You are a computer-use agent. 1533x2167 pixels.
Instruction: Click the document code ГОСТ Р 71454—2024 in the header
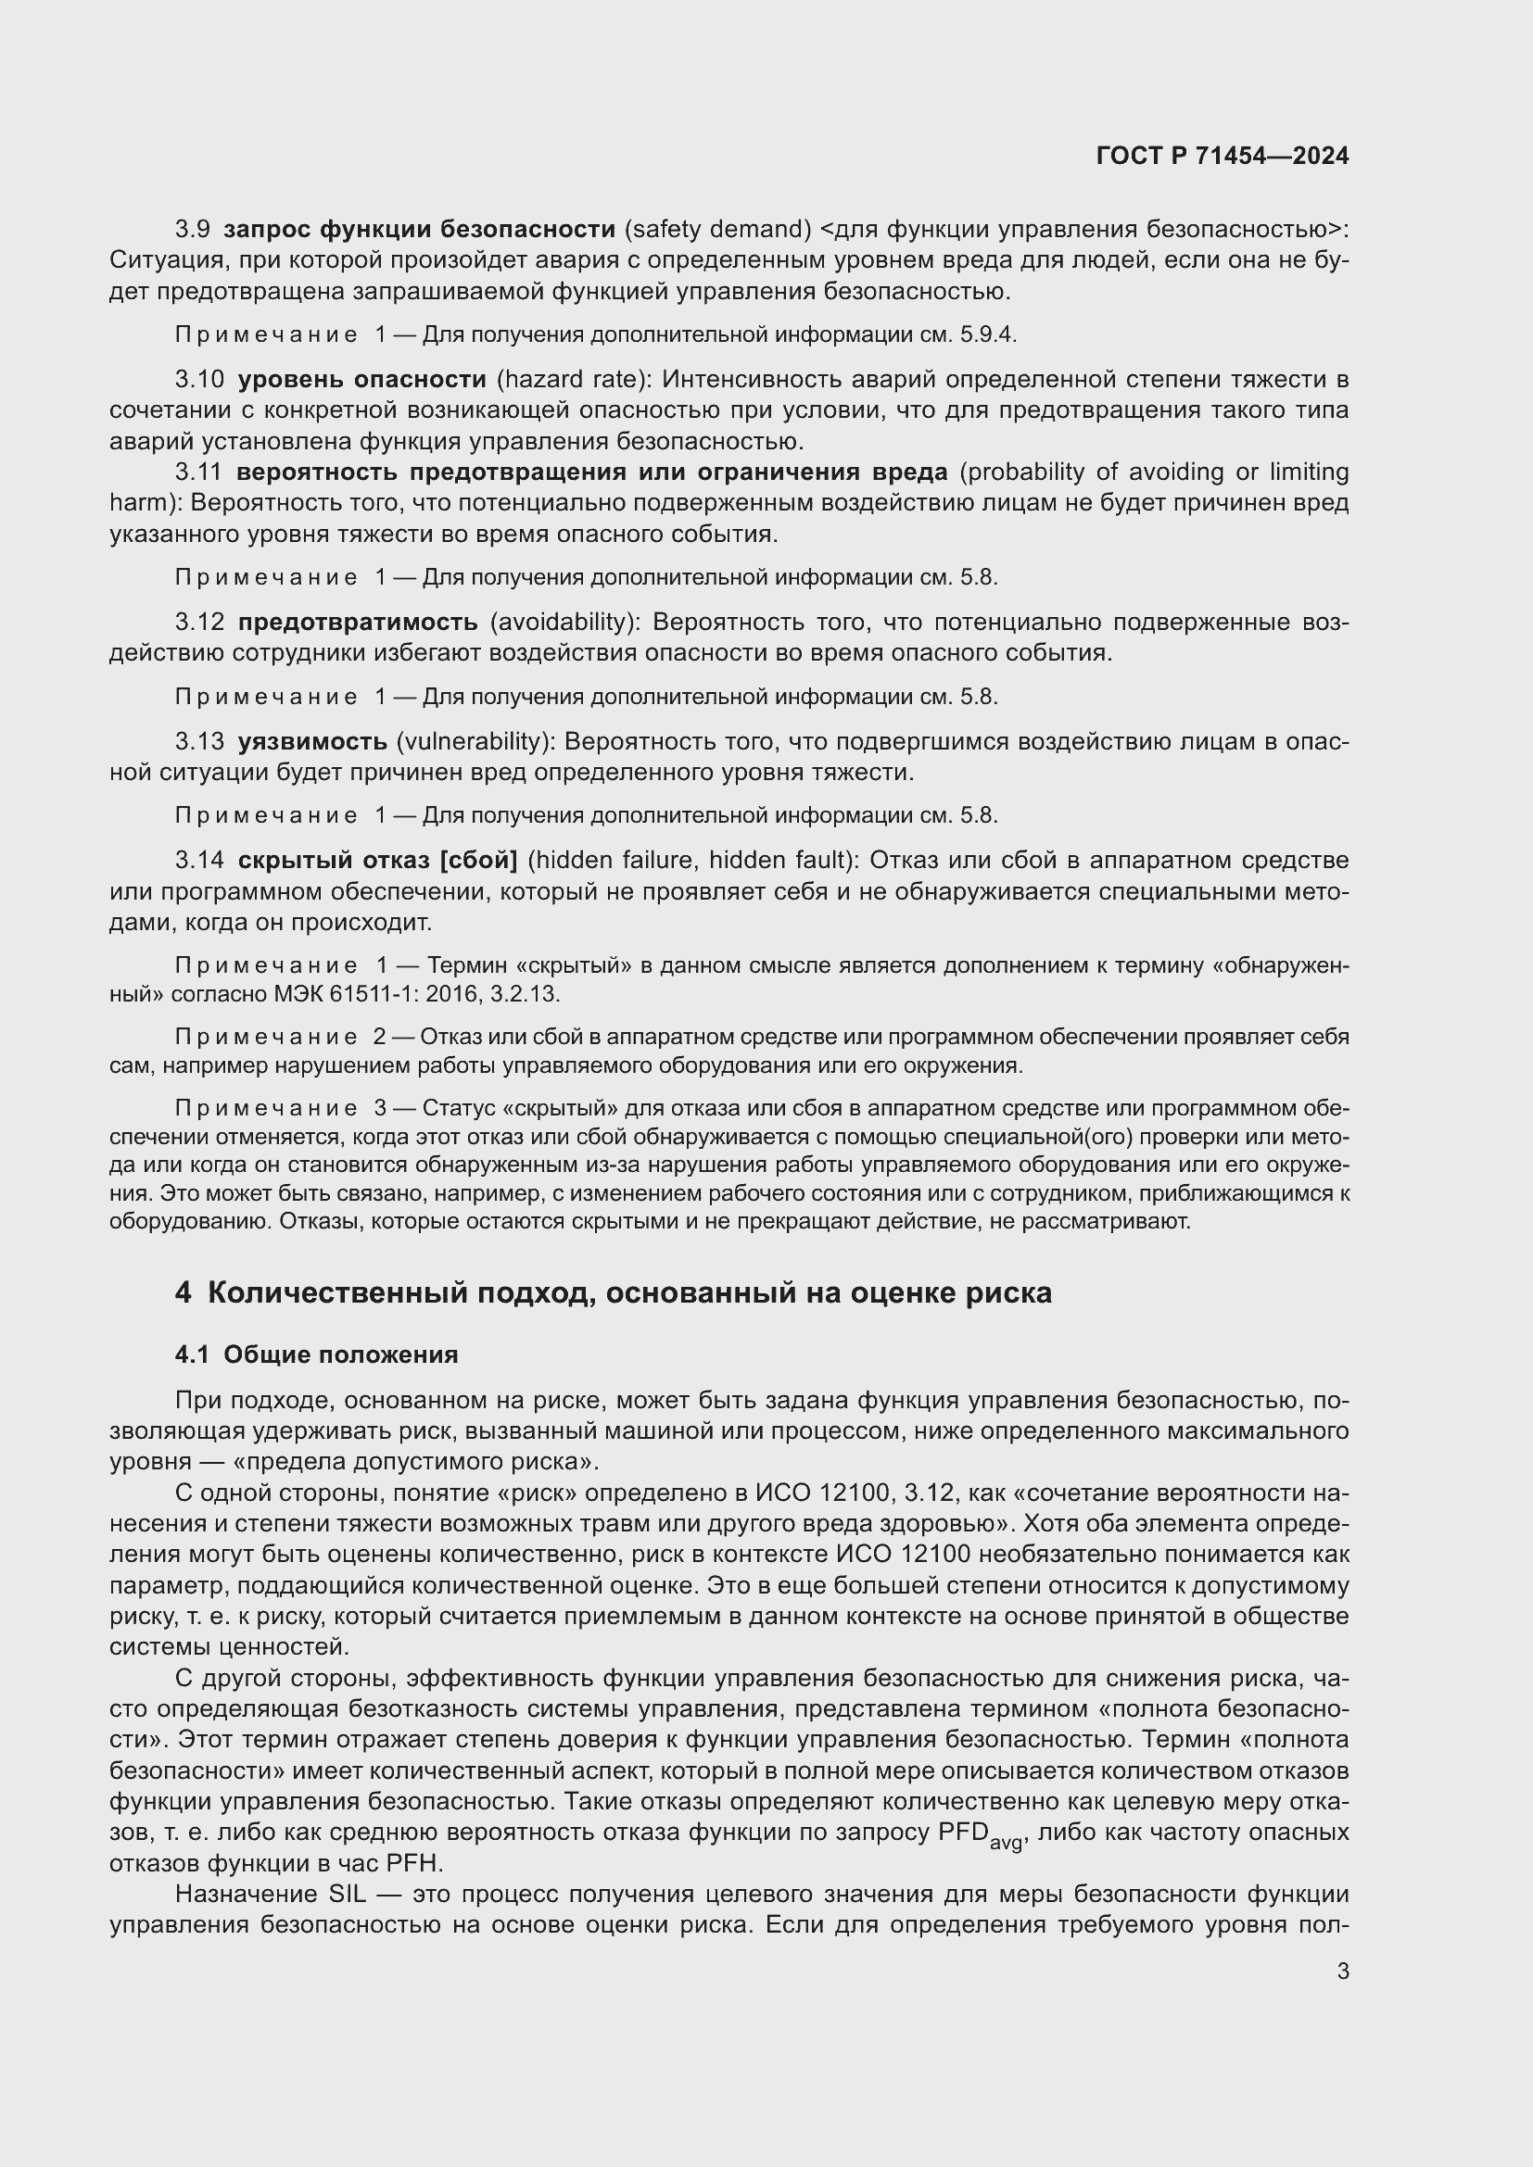pos(1223,157)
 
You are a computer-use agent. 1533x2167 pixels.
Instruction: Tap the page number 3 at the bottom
pos(1343,1972)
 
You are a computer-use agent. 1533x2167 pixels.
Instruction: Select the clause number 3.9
pos(193,230)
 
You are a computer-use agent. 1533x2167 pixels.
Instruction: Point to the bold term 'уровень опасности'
pos(361,380)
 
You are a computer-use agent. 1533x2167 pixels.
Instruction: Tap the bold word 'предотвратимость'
pos(358,622)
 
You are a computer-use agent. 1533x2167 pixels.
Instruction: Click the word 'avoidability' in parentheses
pos(564,622)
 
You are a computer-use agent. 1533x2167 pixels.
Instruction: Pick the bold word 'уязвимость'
pos(312,742)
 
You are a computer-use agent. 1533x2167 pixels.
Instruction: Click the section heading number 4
pos(184,1293)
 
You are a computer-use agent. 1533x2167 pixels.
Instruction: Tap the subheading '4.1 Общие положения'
pos(316,1354)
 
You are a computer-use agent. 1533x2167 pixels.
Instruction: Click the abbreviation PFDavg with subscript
pos(980,1833)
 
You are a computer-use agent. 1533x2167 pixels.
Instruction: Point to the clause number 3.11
pos(198,472)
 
